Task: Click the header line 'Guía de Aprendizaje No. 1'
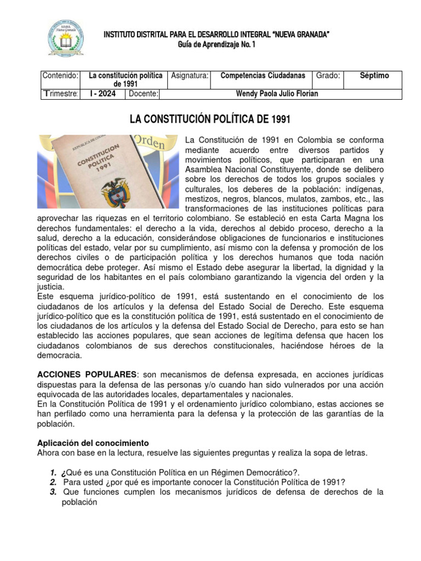[x=217, y=44]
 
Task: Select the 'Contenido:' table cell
[x=61, y=76]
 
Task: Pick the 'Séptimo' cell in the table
[x=374, y=76]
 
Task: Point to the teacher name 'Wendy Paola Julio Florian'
[x=276, y=94]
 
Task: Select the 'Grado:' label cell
[x=328, y=76]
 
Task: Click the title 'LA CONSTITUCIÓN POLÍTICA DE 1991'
[x=209, y=119]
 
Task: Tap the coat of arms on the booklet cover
[x=115, y=191]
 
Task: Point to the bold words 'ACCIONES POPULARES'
[x=86, y=374]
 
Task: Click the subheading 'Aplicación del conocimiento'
[x=93, y=443]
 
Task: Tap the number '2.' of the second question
[x=54, y=482]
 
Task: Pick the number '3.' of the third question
[x=54, y=491]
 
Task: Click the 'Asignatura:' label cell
[x=190, y=76]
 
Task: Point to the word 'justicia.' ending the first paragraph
[x=50, y=287]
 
